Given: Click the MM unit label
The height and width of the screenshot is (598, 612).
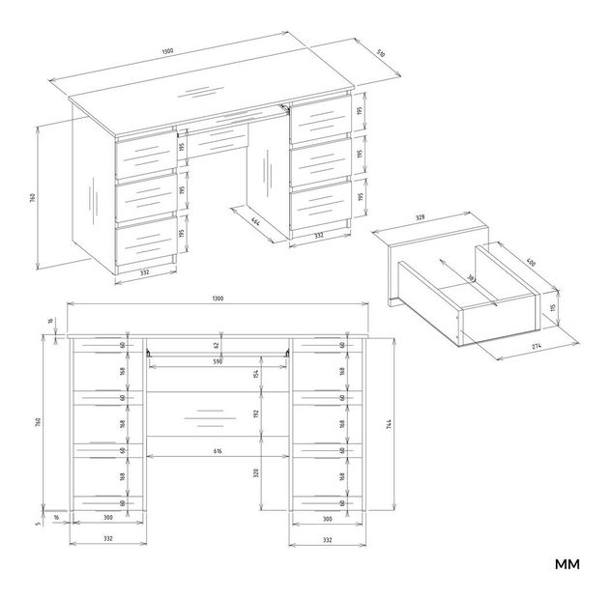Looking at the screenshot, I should coord(567,564).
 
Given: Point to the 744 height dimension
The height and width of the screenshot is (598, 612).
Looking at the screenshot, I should coord(389,423).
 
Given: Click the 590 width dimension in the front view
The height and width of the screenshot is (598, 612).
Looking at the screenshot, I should coord(218,361).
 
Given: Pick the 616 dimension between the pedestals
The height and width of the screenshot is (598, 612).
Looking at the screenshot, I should coord(218,451).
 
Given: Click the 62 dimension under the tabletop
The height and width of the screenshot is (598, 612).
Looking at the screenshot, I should coord(218,344).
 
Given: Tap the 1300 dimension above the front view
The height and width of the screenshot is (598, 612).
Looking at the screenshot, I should coord(218,299).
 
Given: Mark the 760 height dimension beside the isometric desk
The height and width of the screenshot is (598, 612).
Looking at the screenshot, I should coord(31,198).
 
